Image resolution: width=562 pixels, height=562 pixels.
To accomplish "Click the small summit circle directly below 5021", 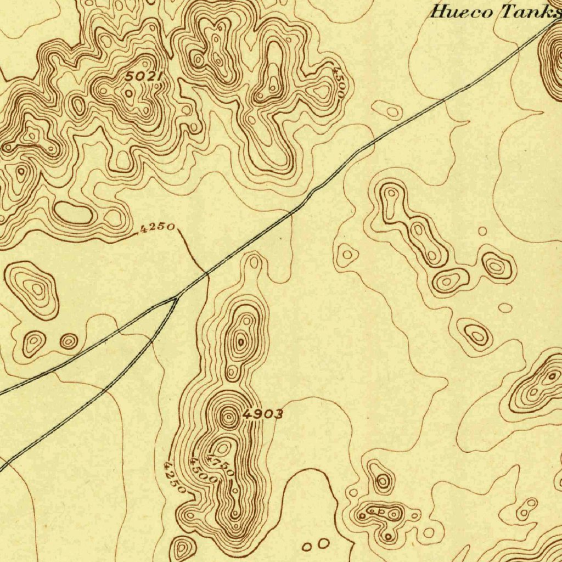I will click(x=129, y=93).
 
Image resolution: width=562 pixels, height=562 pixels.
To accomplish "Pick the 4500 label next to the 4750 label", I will click(x=203, y=470).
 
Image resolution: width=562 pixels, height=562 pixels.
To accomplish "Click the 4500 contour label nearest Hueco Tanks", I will click(x=339, y=82).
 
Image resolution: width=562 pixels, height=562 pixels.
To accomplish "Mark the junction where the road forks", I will click(x=175, y=298).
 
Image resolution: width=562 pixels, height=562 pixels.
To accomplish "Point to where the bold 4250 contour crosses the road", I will click(x=206, y=273).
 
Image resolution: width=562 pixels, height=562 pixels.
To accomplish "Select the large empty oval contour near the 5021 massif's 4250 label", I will click(x=73, y=212).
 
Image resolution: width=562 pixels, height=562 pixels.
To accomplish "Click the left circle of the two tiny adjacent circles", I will click(x=307, y=547).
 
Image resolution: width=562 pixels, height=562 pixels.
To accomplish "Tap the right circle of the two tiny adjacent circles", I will click(x=323, y=543).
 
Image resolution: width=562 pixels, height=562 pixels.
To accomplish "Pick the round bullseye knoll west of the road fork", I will click(x=69, y=342).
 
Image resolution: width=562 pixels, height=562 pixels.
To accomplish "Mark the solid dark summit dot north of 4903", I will click(x=240, y=343).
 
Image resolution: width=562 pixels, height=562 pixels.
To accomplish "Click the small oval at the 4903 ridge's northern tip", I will click(x=254, y=262).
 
